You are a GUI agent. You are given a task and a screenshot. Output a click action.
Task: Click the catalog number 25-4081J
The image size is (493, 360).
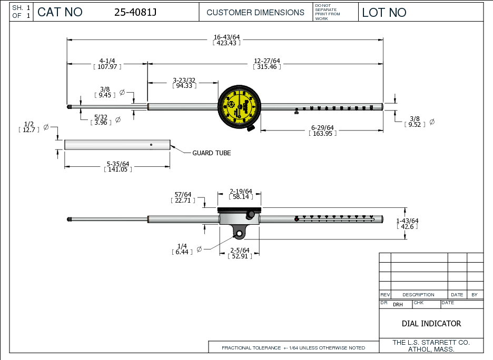135,13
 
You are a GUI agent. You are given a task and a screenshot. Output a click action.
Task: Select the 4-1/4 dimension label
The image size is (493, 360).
107,61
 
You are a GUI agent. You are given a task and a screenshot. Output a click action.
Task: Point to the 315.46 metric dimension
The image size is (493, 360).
267,67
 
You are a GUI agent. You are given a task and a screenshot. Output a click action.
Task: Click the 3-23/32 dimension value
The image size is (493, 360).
184,80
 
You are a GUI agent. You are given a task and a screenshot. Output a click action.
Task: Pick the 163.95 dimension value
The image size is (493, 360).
322,133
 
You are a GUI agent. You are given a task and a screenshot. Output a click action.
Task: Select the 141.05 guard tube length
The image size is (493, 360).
117,170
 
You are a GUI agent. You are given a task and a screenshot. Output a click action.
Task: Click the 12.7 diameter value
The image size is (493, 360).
29,129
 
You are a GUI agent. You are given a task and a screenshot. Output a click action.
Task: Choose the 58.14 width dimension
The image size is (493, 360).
241,197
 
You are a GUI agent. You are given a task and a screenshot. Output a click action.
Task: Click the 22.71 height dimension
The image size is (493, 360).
183,201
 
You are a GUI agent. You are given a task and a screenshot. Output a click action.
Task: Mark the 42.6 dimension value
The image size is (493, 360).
407,227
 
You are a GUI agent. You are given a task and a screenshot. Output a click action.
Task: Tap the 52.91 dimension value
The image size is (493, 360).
240,256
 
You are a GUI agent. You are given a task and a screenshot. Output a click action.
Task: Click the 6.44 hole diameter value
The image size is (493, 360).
182,253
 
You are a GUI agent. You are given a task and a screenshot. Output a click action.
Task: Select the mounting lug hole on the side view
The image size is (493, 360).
240,232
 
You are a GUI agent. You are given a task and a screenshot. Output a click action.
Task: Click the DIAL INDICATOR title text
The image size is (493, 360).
431,324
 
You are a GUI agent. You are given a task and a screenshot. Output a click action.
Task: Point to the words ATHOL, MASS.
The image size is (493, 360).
431,349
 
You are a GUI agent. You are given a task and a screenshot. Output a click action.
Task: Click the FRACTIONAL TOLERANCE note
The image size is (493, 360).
293,348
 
